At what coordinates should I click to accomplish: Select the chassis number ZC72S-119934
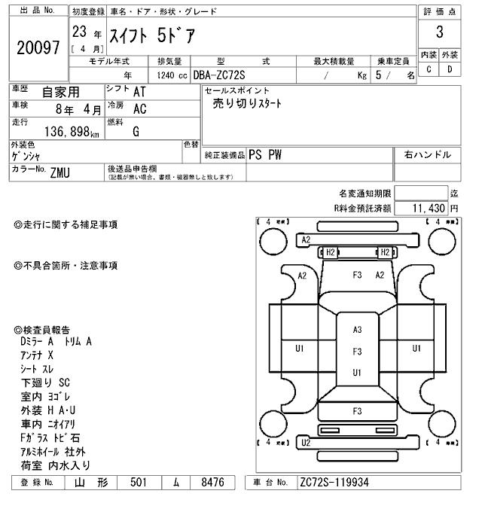pyautogui.click(x=334, y=483)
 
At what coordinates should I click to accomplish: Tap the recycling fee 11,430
pyautogui.click(x=430, y=207)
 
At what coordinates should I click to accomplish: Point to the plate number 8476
pyautogui.click(x=207, y=483)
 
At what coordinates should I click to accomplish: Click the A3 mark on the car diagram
pyautogui.click(x=357, y=329)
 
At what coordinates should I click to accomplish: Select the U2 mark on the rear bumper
pyautogui.click(x=305, y=443)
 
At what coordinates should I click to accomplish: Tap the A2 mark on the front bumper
pyautogui.click(x=306, y=239)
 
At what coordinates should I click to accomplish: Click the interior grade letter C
pyautogui.click(x=429, y=69)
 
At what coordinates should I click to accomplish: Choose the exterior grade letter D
pyautogui.click(x=450, y=69)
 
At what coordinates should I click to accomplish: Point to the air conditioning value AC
pyautogui.click(x=139, y=108)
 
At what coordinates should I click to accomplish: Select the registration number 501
pyautogui.click(x=137, y=483)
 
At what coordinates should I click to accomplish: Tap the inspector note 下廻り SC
pyautogui.click(x=44, y=382)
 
